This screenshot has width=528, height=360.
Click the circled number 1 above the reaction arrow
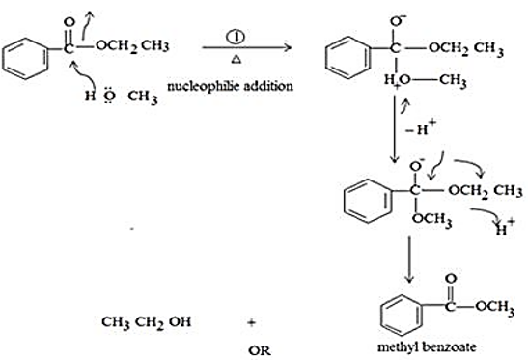click(236, 37)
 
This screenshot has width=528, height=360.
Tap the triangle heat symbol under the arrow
click(236, 60)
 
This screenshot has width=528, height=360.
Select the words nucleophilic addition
click(230, 87)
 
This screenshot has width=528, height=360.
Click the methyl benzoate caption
click(427, 346)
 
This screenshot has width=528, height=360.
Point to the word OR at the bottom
click(260, 351)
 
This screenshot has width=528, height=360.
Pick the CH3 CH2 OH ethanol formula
click(146, 322)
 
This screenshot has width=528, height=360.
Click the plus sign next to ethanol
click(252, 323)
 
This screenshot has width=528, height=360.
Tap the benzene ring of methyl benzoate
click(402, 316)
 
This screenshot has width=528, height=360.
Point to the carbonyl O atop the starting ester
click(69, 22)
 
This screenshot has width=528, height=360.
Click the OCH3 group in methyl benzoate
click(494, 307)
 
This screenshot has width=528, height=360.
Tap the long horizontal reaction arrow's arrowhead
click(288, 47)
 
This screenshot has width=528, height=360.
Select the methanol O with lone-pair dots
click(109, 97)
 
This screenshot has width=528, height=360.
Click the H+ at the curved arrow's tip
click(505, 228)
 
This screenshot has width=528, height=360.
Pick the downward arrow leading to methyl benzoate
click(409, 260)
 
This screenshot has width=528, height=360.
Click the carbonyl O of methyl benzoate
click(451, 279)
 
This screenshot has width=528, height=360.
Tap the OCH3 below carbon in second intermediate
click(432, 219)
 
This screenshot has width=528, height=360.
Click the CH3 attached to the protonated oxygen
click(453, 80)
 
